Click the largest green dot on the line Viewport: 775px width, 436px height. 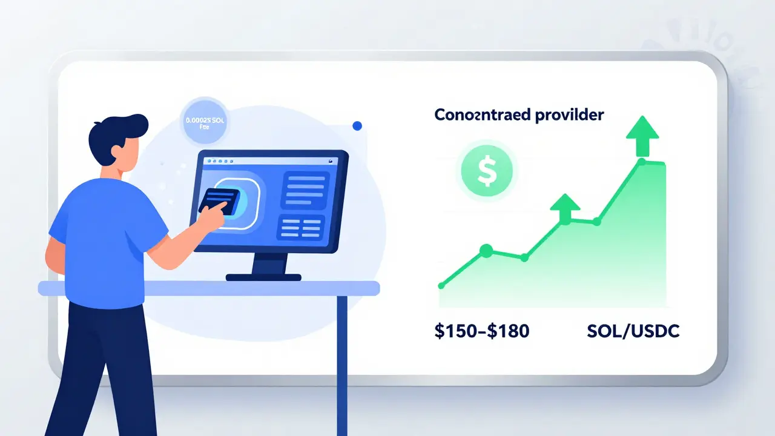click(x=486, y=250)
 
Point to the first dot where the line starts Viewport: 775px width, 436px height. click(x=441, y=285)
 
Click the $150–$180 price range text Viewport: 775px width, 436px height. click(x=483, y=331)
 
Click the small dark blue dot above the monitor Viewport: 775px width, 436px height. click(x=357, y=126)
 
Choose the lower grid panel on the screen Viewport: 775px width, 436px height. click(x=301, y=228)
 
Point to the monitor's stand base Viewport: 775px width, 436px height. click(x=264, y=277)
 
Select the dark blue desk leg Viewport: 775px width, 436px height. click(x=342, y=363)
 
